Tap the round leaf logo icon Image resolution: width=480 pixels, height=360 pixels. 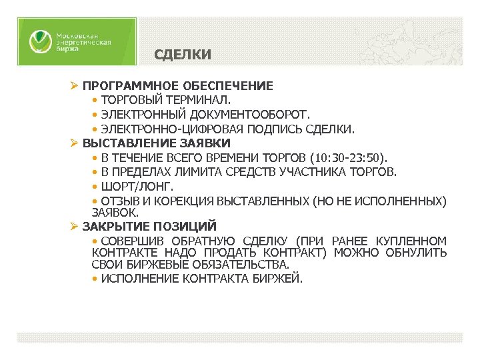(x=39, y=42)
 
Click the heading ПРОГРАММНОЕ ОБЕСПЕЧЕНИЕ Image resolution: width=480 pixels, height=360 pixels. (x=177, y=86)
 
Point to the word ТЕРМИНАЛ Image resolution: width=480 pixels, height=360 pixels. (x=199, y=100)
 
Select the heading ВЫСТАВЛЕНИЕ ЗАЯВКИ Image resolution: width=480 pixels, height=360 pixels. (x=157, y=143)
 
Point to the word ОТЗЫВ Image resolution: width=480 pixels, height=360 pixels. (x=117, y=201)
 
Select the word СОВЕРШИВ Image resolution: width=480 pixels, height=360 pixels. (x=131, y=240)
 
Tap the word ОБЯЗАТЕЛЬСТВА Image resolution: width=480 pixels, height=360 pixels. (x=241, y=265)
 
